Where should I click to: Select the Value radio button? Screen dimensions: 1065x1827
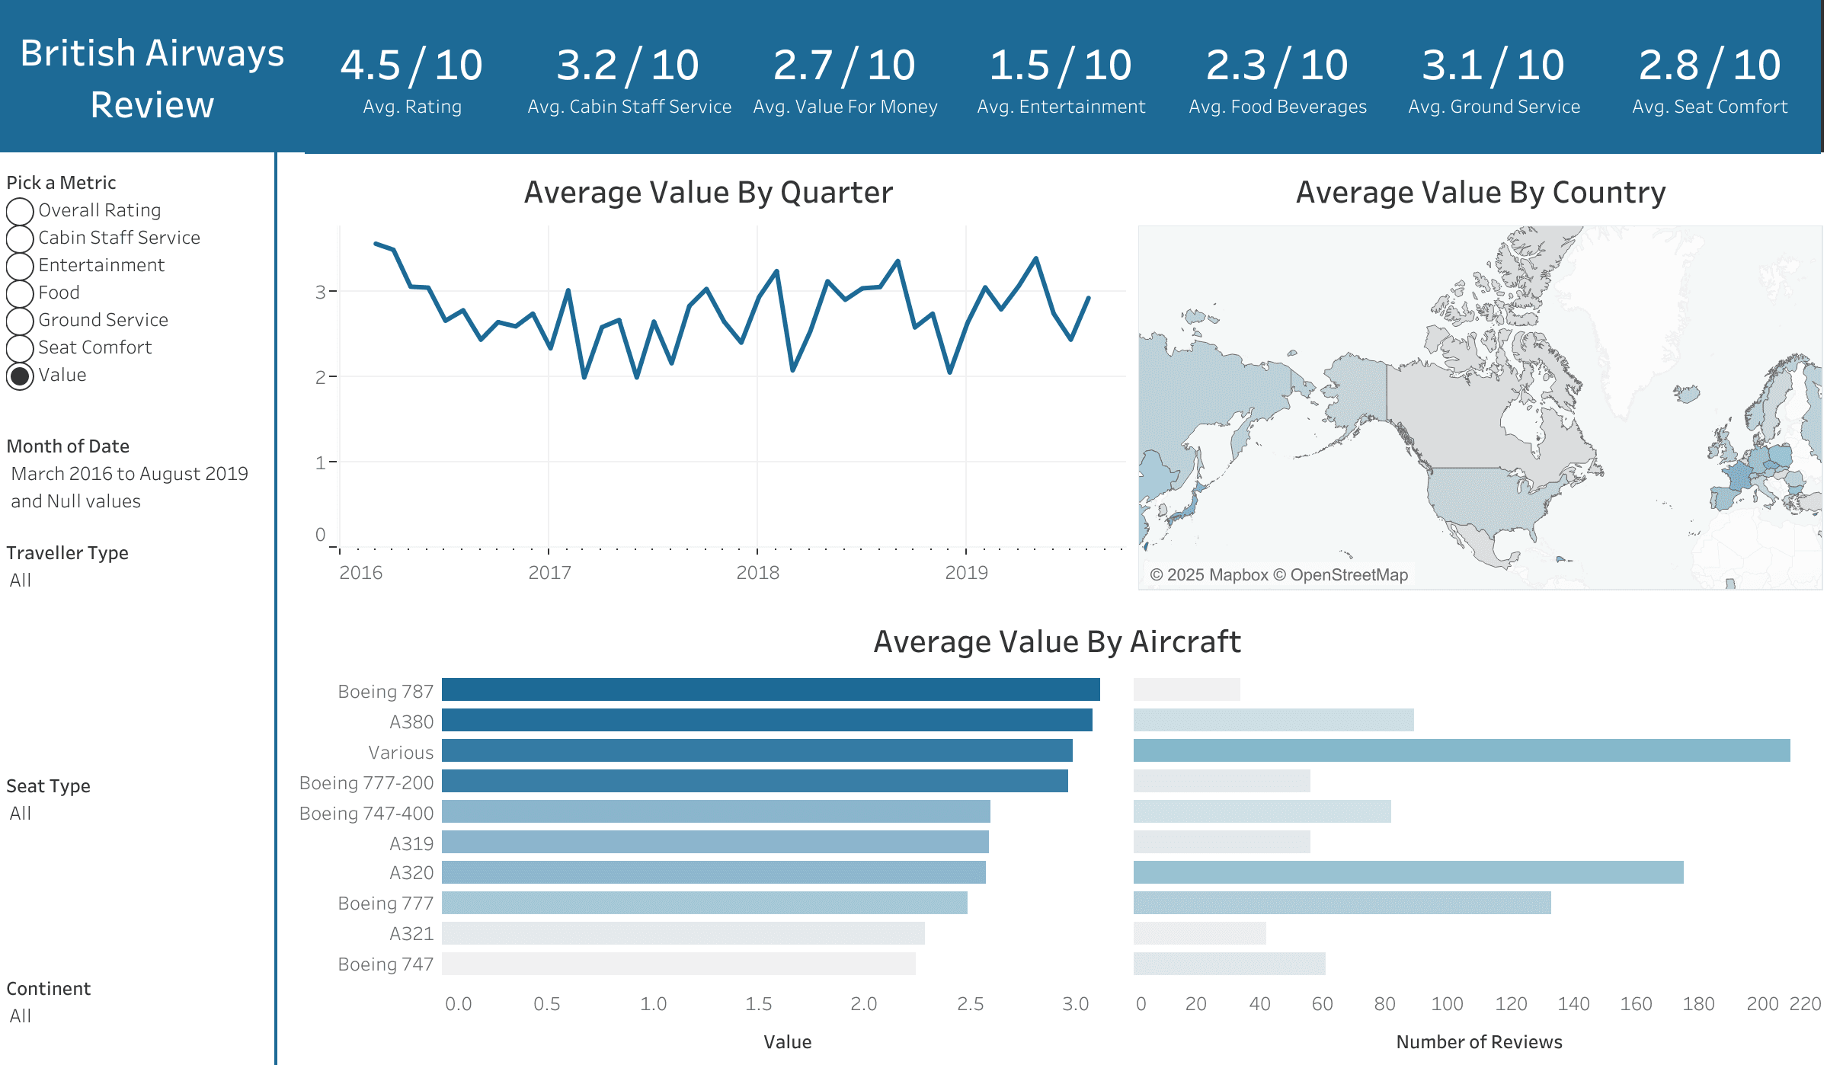click(21, 376)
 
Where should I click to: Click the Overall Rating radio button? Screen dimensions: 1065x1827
click(21, 211)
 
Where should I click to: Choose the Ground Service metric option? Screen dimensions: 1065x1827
click(21, 321)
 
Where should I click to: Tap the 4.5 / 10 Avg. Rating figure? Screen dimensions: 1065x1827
click(411, 66)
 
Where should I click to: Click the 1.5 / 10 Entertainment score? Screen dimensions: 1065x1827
click(1061, 66)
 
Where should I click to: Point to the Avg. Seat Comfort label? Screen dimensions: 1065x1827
click(1709, 107)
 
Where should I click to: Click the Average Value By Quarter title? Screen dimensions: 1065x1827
click(708, 193)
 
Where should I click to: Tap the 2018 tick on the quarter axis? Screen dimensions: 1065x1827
click(757, 573)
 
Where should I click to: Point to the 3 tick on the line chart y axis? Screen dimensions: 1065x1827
click(321, 292)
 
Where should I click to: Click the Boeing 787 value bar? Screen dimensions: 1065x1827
click(770, 689)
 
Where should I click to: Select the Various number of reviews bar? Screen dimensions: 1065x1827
click(1461, 750)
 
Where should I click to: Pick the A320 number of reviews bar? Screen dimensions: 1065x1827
click(1407, 872)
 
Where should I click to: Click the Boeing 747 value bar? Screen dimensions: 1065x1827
click(678, 964)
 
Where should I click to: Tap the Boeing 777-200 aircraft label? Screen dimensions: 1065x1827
click(366, 782)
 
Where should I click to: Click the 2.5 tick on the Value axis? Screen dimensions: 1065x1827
click(970, 1004)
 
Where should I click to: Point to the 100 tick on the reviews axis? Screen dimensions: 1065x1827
click(1447, 1004)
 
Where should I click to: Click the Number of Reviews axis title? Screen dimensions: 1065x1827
click(1478, 1042)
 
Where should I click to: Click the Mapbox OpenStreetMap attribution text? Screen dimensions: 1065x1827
click(1278, 575)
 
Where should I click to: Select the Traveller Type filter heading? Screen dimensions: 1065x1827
click(67, 553)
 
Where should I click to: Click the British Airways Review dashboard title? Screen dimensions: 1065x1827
click(152, 78)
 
